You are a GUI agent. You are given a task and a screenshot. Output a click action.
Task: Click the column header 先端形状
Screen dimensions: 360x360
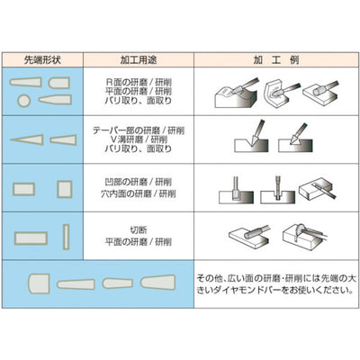43,59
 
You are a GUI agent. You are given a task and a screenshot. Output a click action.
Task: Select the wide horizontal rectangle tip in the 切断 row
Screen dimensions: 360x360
31,237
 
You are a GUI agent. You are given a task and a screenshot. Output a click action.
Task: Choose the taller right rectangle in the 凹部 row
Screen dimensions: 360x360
63,188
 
